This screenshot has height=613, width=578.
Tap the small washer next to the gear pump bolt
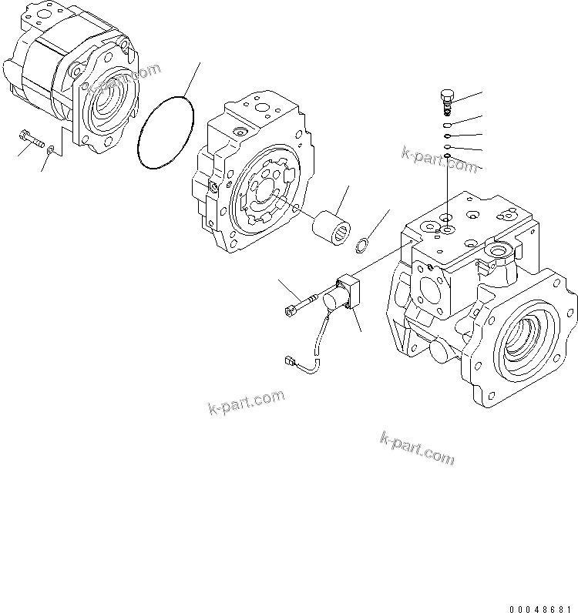[51, 151]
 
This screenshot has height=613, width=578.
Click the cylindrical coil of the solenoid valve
[335, 301]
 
